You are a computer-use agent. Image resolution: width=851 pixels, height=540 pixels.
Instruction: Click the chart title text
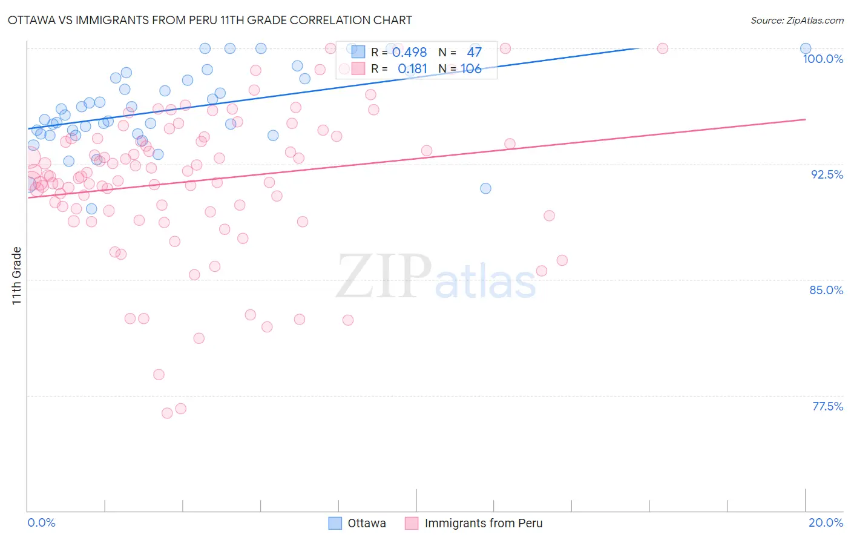pyautogui.click(x=209, y=20)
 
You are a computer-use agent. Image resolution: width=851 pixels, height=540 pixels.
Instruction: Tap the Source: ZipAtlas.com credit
pyautogui.click(x=797, y=20)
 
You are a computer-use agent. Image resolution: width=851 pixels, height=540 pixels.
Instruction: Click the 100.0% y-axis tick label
pyautogui.click(x=823, y=59)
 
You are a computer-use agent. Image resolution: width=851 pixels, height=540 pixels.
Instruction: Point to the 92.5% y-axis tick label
pyautogui.click(x=826, y=174)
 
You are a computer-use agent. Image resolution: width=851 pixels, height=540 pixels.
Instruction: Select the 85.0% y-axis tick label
pyautogui.click(x=826, y=290)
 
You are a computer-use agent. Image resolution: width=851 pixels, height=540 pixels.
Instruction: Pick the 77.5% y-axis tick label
pyautogui.click(x=827, y=406)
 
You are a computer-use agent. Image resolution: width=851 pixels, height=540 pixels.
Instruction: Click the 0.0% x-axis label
pyautogui.click(x=41, y=522)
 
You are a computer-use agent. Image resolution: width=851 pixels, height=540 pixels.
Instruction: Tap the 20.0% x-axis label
pyautogui.click(x=826, y=522)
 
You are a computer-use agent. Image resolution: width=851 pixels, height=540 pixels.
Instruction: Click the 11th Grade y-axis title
pyautogui.click(x=17, y=275)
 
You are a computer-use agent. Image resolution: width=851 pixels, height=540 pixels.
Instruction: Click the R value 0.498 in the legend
pyautogui.click(x=409, y=53)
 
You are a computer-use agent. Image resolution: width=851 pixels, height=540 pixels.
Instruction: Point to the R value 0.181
pyautogui.click(x=412, y=69)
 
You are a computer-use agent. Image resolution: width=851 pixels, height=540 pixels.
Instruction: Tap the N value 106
pyautogui.click(x=471, y=69)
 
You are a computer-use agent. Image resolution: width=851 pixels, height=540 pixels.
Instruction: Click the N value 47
pyautogui.click(x=474, y=53)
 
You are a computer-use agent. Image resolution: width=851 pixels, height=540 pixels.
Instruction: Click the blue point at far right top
pyautogui.click(x=805, y=48)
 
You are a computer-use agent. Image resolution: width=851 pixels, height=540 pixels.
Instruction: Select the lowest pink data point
pyautogui.click(x=167, y=413)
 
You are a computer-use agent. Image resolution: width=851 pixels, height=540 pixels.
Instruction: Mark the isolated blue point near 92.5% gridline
pyautogui.click(x=485, y=188)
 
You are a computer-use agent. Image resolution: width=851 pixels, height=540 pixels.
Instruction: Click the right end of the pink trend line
pyautogui.click(x=806, y=119)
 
